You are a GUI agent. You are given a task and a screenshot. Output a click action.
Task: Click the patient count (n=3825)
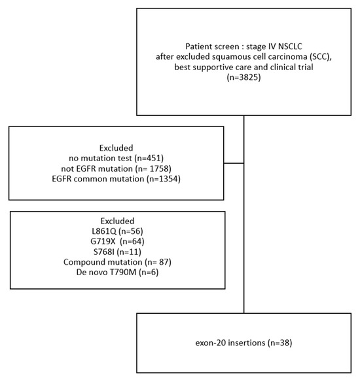pyautogui.click(x=243, y=78)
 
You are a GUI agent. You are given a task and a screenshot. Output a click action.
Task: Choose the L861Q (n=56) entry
pyautogui.click(x=116, y=231)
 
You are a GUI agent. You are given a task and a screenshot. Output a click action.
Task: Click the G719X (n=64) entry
pyautogui.click(x=116, y=242)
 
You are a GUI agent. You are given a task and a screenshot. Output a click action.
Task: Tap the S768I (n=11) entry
pyautogui.click(x=116, y=252)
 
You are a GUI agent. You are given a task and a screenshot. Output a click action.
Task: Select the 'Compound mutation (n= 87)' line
pyautogui.click(x=116, y=263)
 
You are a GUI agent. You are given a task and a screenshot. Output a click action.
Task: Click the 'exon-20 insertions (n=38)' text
pyautogui.click(x=243, y=341)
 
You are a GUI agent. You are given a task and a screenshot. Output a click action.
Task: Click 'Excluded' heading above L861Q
pyautogui.click(x=116, y=221)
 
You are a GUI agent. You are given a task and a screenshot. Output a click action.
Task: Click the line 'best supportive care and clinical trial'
pyautogui.click(x=243, y=67)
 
